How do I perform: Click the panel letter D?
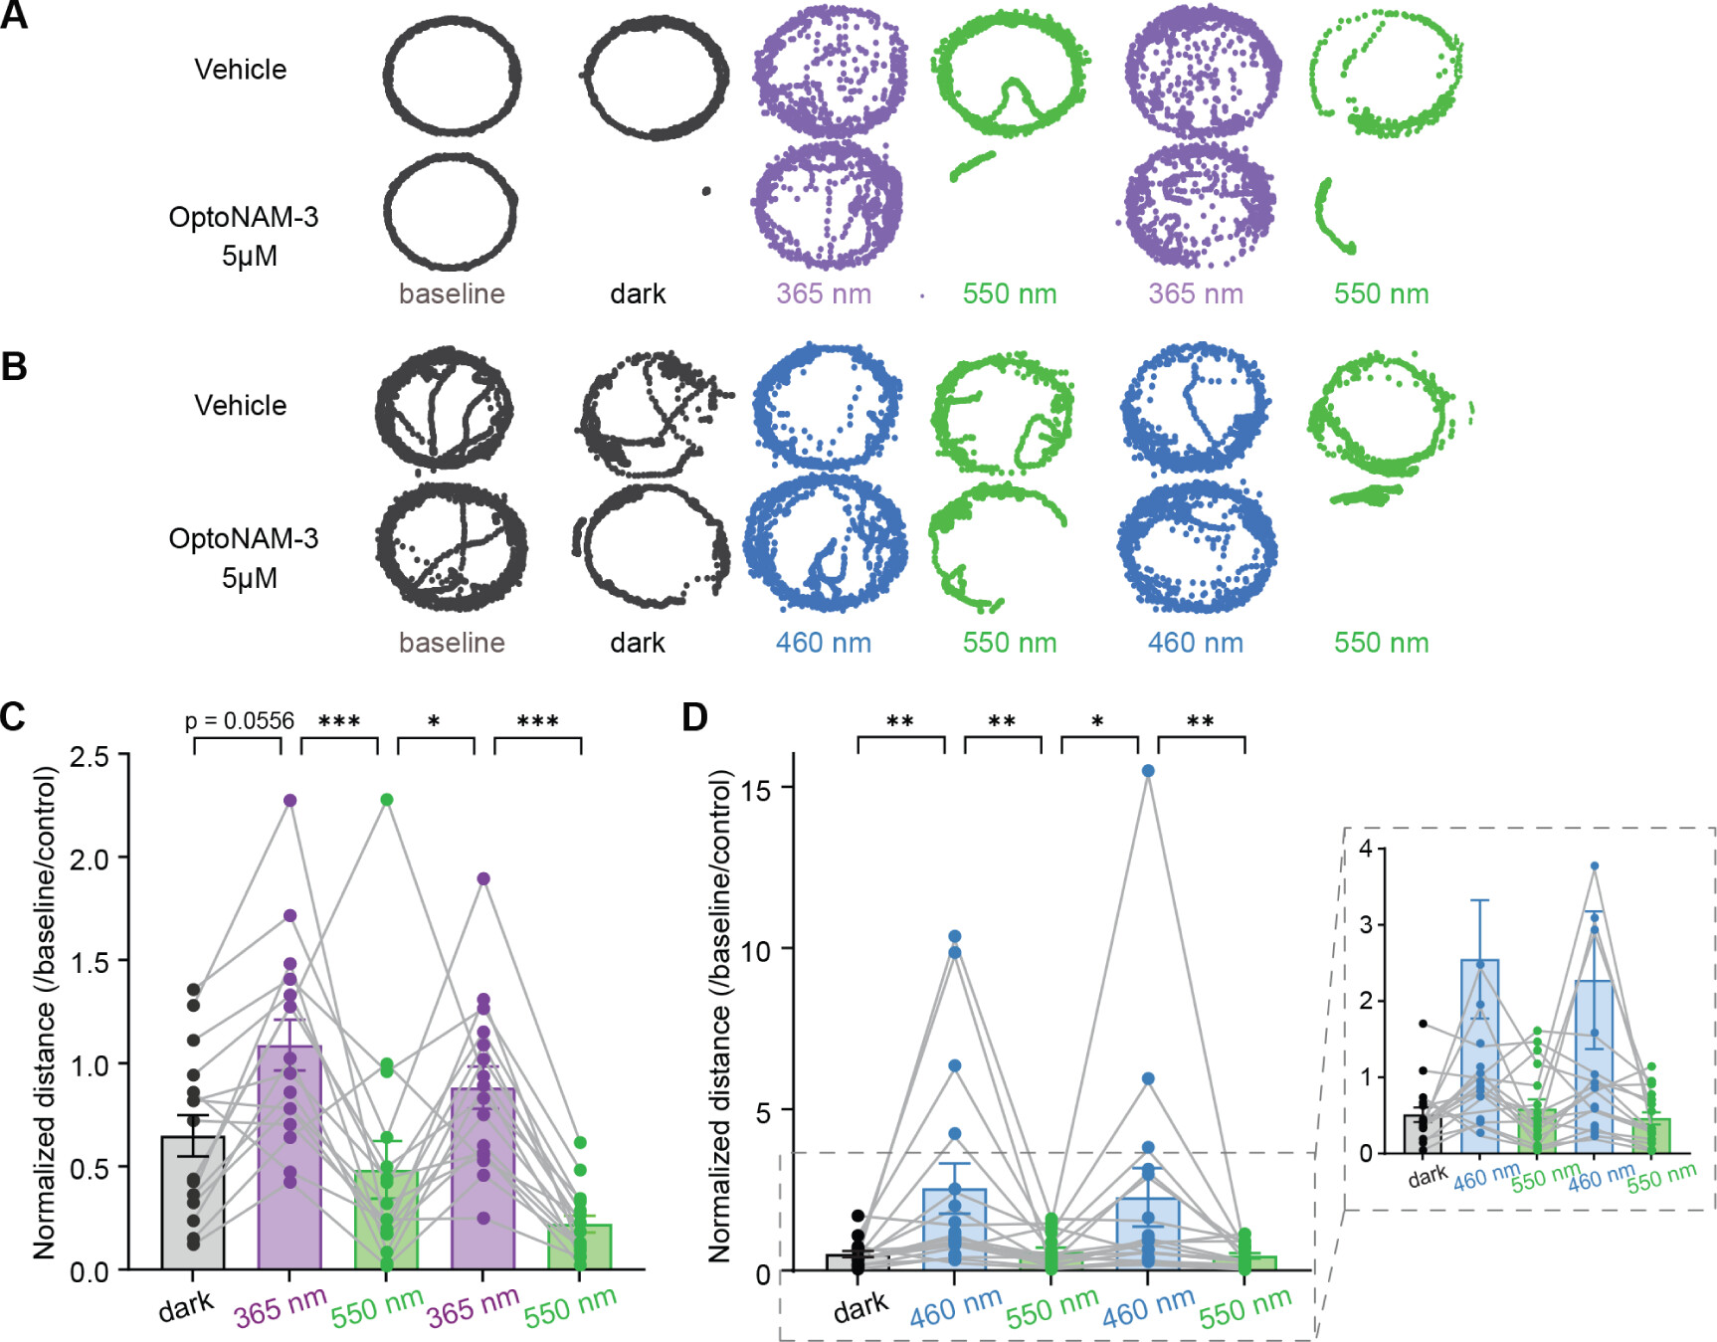point(694,716)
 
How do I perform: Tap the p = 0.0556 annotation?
point(240,721)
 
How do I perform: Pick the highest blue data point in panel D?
point(1148,771)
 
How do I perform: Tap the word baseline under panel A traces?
point(452,294)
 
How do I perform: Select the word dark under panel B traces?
point(638,643)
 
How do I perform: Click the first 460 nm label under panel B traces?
point(824,643)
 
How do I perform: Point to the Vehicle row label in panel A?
point(241,70)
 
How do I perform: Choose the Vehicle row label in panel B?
point(241,406)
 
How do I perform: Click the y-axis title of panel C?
point(45,1013)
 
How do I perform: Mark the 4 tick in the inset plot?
point(1366,849)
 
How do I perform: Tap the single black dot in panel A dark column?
point(706,191)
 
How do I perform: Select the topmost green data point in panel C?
point(387,800)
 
